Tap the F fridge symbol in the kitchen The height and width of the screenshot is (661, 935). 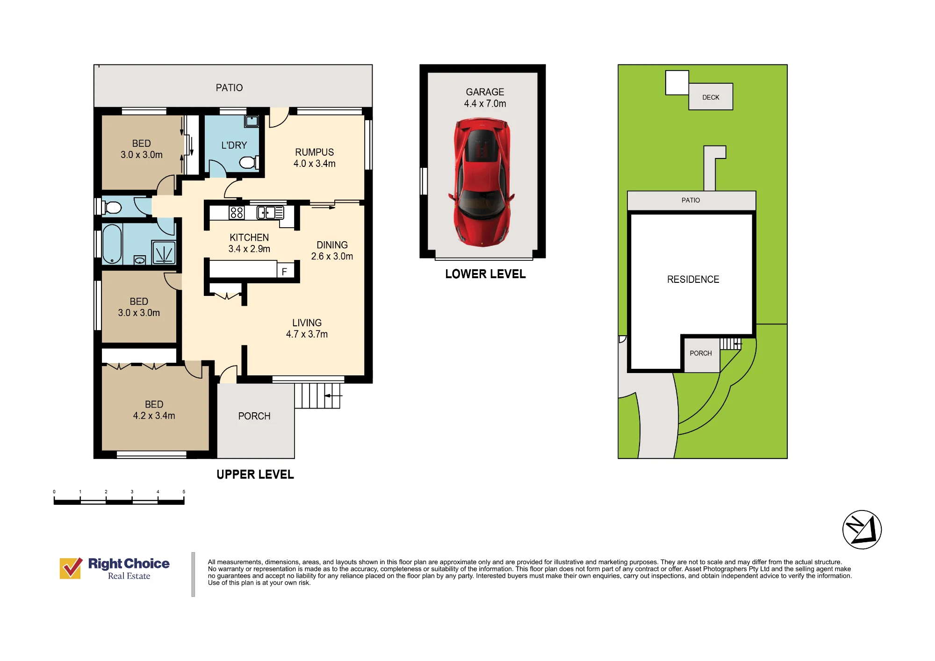click(x=284, y=272)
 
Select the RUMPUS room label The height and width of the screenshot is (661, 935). click(x=314, y=152)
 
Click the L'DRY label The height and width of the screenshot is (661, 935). click(x=234, y=145)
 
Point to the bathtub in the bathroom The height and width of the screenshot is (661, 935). click(x=112, y=244)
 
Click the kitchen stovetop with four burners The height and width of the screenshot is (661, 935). click(x=237, y=213)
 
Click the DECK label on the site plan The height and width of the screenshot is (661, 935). click(x=711, y=97)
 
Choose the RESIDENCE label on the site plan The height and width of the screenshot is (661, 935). click(x=693, y=280)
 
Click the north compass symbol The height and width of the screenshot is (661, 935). click(x=862, y=530)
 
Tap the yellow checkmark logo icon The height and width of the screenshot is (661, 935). click(x=71, y=568)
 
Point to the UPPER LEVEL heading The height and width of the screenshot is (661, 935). click(x=255, y=474)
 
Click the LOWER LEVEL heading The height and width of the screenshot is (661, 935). click(x=485, y=274)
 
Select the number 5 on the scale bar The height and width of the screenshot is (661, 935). click(x=184, y=492)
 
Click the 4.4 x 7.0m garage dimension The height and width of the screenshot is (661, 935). click(x=485, y=104)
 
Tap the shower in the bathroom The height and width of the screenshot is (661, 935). click(x=164, y=253)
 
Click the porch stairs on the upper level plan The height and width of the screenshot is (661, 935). click(x=317, y=396)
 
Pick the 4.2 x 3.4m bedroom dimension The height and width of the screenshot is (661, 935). click(x=154, y=416)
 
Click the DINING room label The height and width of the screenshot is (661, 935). click(x=332, y=245)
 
